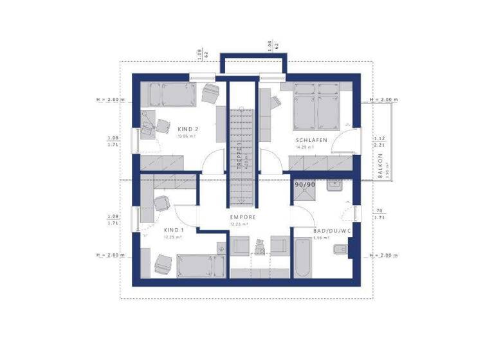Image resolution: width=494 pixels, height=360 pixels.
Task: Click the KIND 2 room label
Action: click(188, 129)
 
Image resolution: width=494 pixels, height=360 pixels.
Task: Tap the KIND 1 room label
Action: click(174, 230)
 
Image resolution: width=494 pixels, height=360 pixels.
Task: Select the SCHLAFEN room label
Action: click(312, 140)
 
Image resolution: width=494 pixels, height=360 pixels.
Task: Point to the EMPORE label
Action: click(243, 217)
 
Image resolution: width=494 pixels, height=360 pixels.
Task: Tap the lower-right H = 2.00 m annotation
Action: click(384, 256)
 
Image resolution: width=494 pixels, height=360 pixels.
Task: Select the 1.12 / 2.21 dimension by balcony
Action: click(379, 141)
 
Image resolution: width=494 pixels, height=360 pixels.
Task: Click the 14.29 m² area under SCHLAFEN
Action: click(304, 148)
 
